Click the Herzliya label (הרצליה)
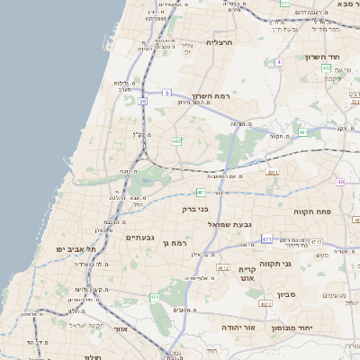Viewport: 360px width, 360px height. pyautogui.click(x=220, y=42)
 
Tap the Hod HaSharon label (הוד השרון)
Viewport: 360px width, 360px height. pyautogui.click(x=319, y=57)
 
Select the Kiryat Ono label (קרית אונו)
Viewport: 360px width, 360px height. pyautogui.click(x=247, y=274)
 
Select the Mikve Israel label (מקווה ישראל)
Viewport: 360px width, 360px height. pyautogui.click(x=88, y=325)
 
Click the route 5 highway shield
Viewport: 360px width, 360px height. pyautogui.click(x=166, y=93)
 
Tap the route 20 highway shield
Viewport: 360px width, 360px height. pyautogui.click(x=142, y=102)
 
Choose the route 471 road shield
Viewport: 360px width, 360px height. pyautogui.click(x=267, y=238)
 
